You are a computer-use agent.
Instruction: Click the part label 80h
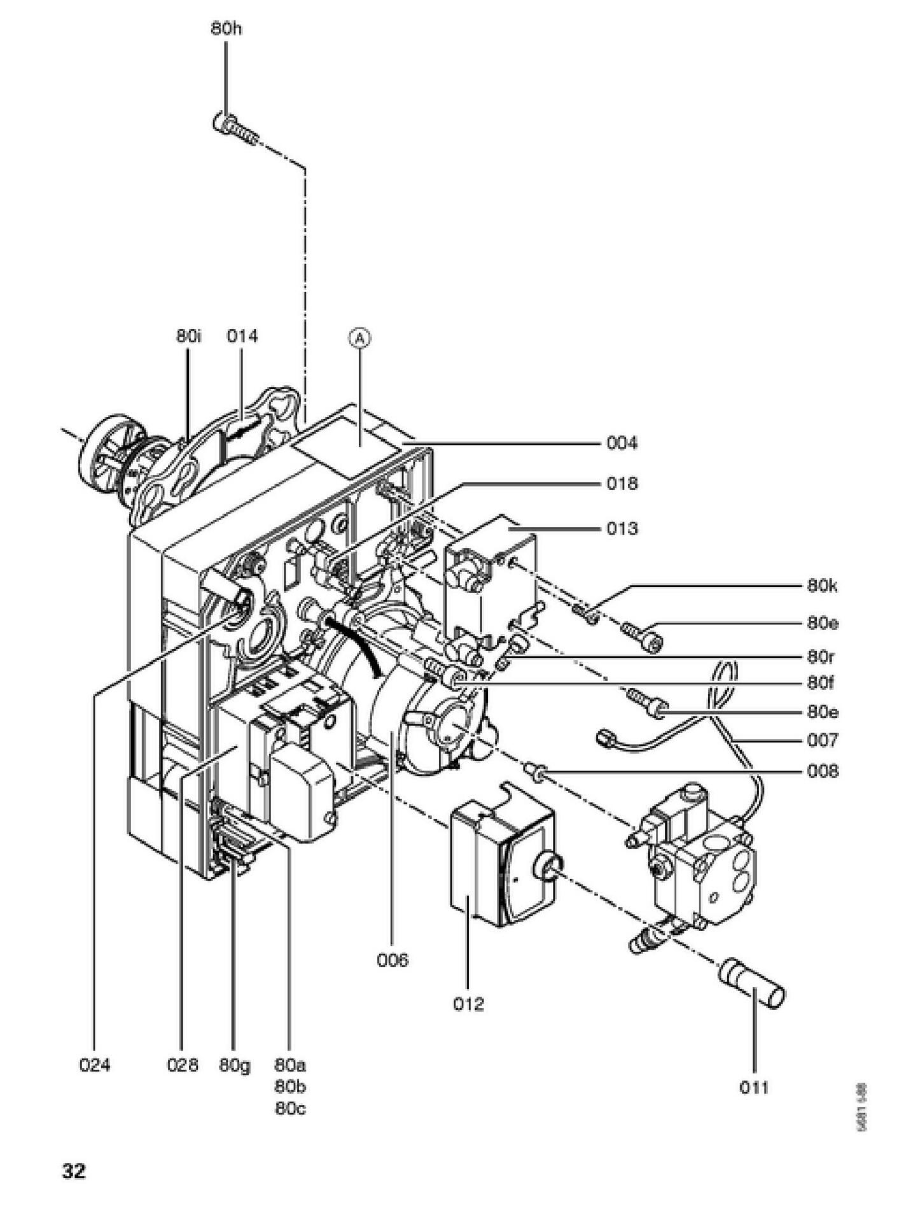[x=226, y=29]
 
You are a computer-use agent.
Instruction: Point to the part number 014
[x=242, y=335]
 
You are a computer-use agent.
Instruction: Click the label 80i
[x=188, y=335]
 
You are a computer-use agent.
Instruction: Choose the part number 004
[x=621, y=443]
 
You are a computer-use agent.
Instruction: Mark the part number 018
[x=621, y=484]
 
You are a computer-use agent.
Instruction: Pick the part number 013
[x=621, y=528]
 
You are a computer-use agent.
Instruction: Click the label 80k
[x=822, y=586]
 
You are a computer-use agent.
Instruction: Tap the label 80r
[x=821, y=656]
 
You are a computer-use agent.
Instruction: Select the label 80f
[x=821, y=684]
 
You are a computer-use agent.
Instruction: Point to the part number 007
[x=823, y=740]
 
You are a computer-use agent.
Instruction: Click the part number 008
[x=823, y=771]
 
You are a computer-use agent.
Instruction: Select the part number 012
[x=468, y=1004]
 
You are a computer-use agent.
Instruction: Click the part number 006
[x=392, y=959]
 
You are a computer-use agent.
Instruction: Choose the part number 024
[x=95, y=1064]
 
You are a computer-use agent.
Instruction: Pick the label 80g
[x=235, y=1064]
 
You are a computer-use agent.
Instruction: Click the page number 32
[x=74, y=1170]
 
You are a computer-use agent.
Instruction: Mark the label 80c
[x=290, y=1108]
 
